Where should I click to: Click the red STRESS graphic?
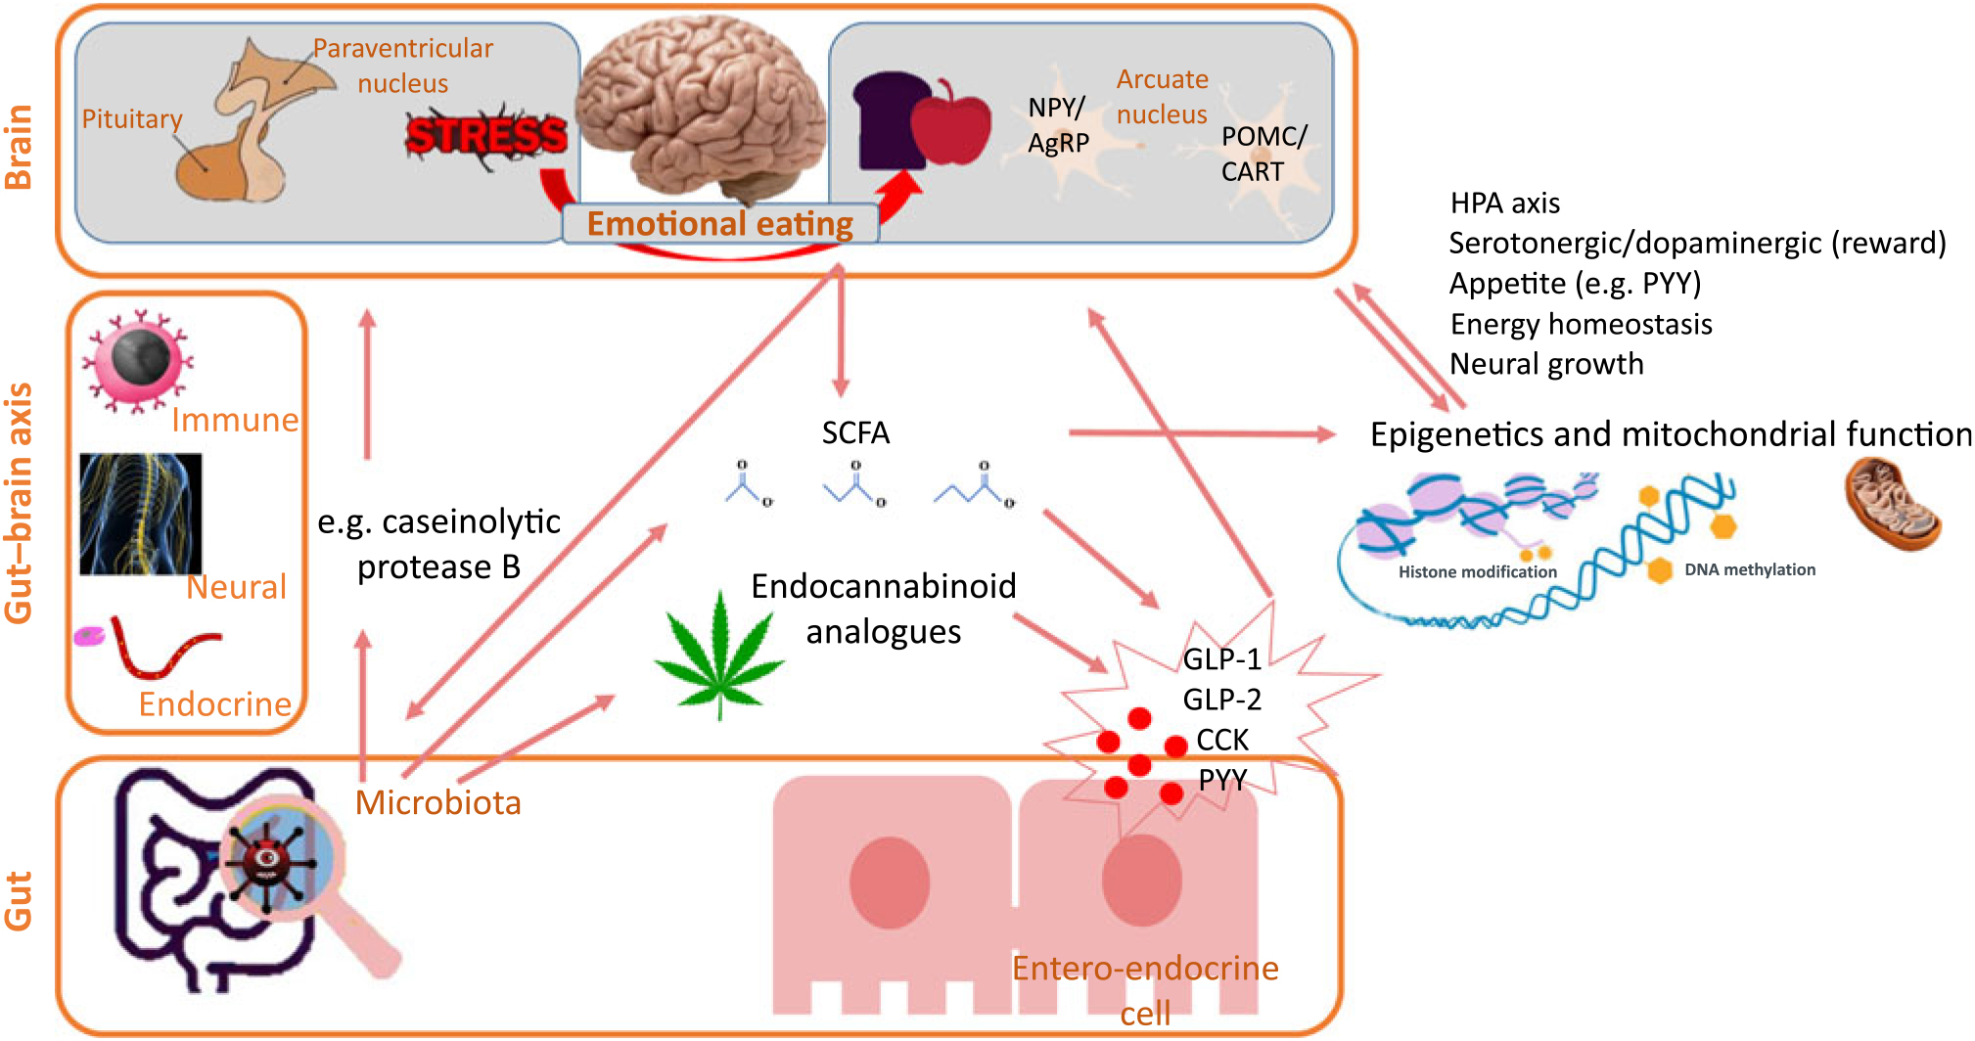click(x=486, y=136)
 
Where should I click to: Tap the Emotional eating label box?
click(x=719, y=224)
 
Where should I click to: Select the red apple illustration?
click(x=951, y=124)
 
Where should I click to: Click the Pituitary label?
click(x=132, y=119)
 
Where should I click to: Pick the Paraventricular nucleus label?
click(x=403, y=66)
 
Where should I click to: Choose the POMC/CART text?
click(x=1263, y=154)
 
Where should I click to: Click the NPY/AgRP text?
click(x=1057, y=125)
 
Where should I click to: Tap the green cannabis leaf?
click(x=720, y=654)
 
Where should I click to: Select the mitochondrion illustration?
click(x=1892, y=503)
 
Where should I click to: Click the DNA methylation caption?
click(x=1750, y=569)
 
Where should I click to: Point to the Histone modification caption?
click(x=1477, y=571)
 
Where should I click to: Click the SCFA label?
click(x=855, y=432)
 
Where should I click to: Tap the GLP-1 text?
click(x=1221, y=659)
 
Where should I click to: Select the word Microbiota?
click(x=437, y=802)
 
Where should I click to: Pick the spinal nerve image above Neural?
click(x=141, y=514)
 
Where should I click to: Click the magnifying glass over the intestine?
click(x=284, y=861)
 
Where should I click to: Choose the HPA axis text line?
click(x=1504, y=204)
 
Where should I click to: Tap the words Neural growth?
click(x=1546, y=364)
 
